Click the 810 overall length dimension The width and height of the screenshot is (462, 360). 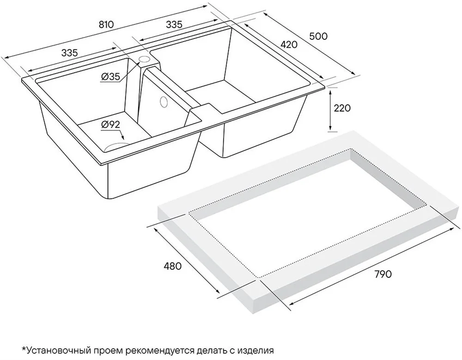(106, 24)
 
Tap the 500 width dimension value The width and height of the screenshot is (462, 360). (318, 36)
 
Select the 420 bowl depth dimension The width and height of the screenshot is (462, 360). (289, 44)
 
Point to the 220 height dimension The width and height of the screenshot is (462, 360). (342, 108)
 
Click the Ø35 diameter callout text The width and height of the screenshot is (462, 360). (110, 77)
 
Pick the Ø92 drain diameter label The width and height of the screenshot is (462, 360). (110, 125)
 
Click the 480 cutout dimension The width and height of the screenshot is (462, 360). (172, 266)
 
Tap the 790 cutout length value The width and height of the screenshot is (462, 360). (383, 274)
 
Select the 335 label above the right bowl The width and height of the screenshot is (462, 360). (174, 24)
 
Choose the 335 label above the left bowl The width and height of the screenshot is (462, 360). (70, 53)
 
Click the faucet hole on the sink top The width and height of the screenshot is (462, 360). (144, 59)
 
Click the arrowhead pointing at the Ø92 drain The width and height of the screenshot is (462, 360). (123, 137)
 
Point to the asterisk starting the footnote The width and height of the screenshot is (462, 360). (24, 349)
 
